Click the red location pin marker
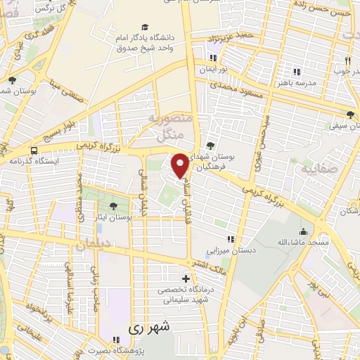(180, 165)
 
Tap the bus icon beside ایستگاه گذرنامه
(34, 150)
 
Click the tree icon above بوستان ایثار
(113, 206)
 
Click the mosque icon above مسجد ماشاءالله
(304, 232)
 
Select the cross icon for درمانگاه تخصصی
(186, 279)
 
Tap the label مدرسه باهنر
(312, 81)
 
